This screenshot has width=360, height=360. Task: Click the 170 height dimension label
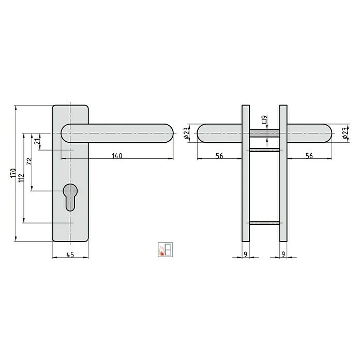click(x=12, y=173)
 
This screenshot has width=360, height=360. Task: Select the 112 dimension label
click(x=21, y=178)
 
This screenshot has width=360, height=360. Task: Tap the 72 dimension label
click(x=29, y=161)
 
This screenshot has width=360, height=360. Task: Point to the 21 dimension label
click(x=37, y=142)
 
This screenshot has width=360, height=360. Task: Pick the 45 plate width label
click(x=70, y=254)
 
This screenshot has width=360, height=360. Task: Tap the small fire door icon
click(x=164, y=249)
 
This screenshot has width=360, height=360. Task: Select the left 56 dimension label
click(x=219, y=156)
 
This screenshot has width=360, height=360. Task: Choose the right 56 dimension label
click(x=308, y=156)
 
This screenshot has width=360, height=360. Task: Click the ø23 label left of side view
click(x=186, y=133)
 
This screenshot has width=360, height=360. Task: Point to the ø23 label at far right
click(x=344, y=133)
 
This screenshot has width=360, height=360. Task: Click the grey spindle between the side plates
click(x=264, y=133)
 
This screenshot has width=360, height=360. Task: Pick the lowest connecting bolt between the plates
click(x=264, y=223)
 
